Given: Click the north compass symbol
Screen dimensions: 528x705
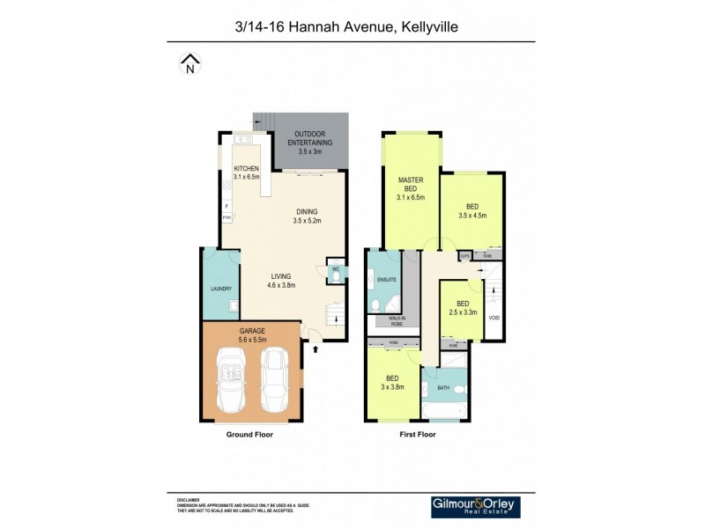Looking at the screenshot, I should (190, 64).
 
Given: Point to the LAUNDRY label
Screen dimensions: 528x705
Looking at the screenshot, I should (220, 289).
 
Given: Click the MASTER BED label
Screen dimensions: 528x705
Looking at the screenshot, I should (411, 184).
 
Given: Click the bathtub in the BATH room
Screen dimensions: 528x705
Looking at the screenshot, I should (446, 410).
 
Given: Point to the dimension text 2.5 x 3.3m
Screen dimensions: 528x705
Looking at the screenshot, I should (463, 312).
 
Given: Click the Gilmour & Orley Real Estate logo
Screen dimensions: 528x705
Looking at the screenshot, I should (475, 507).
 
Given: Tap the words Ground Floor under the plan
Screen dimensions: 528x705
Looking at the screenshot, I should (241, 434).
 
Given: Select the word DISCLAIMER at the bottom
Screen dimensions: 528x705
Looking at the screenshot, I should (189, 498).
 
